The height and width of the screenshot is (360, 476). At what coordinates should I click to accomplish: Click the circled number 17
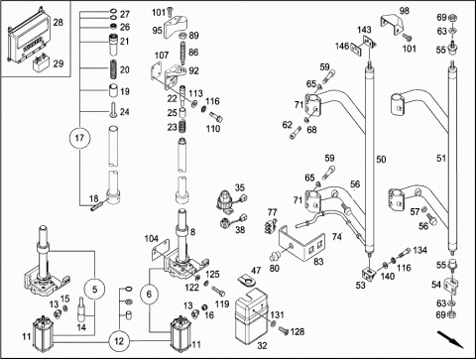coord(79,138)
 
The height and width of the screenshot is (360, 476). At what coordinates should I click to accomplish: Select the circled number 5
coord(95,290)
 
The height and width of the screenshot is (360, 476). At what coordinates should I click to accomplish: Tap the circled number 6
coord(149,294)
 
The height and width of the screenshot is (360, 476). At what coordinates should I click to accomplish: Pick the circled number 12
coord(119,341)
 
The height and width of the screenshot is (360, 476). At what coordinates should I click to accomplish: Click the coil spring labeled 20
coord(113,69)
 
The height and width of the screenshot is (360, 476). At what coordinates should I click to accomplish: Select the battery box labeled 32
coord(252,315)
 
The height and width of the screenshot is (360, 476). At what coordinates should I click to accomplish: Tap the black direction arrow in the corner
coord(450,339)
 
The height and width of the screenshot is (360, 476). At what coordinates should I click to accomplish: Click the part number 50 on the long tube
coord(381,160)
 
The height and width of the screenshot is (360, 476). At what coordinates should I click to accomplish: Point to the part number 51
coord(441,159)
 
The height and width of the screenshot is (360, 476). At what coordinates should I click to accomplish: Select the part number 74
coord(337,237)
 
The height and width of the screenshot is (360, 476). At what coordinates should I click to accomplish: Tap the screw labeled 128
coord(284,330)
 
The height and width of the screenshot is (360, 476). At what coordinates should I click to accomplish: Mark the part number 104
coord(152,238)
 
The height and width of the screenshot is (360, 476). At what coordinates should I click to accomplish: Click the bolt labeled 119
coord(217,291)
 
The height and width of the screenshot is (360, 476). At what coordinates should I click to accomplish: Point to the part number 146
coord(342,47)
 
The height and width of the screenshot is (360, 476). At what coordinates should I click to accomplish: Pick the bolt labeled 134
coord(404,253)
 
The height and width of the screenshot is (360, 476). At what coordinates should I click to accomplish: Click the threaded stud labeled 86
coord(182,52)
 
